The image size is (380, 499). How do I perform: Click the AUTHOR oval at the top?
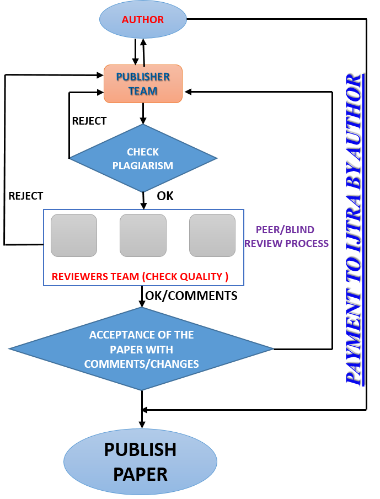click(x=143, y=20)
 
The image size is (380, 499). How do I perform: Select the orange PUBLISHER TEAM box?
click(x=143, y=84)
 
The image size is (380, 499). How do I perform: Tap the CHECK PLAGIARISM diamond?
click(x=143, y=158)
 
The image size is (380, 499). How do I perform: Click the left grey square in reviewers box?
click(x=74, y=235)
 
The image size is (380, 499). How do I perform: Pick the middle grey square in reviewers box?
click(x=143, y=235)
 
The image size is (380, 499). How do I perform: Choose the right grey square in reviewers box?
click(x=212, y=235)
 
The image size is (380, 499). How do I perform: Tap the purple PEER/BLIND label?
click(x=285, y=230)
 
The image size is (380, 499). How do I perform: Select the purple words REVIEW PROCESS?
click(x=287, y=243)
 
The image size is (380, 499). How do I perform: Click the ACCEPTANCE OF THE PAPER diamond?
click(x=141, y=348)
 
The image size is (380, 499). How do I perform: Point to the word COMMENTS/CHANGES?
click(x=141, y=364)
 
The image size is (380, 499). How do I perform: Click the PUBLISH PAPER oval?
click(x=140, y=462)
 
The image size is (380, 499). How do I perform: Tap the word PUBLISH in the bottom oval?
click(x=140, y=450)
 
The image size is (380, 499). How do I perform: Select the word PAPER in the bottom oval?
click(x=140, y=474)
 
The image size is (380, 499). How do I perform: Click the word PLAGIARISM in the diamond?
click(x=143, y=165)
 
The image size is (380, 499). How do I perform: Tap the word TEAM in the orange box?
click(x=143, y=91)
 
